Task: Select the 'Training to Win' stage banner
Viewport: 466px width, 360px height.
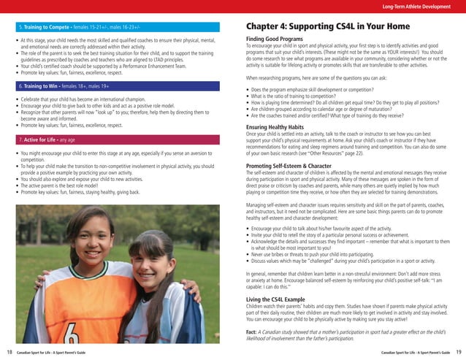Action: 117,85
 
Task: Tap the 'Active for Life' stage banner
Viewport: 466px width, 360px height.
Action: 117,138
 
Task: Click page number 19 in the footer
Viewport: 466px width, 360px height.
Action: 458,352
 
